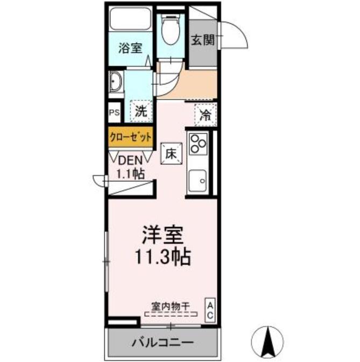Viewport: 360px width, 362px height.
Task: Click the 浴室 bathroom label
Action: click(x=130, y=48)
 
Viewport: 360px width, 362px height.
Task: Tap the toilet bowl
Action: click(x=171, y=31)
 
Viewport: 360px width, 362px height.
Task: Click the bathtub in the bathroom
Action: click(x=130, y=19)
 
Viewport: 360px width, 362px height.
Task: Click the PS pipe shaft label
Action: click(x=115, y=113)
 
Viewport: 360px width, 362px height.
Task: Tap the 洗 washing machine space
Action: click(x=141, y=112)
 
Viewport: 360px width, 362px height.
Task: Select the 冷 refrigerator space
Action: click(x=205, y=115)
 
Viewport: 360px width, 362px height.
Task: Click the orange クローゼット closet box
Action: click(x=131, y=137)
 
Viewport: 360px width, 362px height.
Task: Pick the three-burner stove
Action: click(x=198, y=144)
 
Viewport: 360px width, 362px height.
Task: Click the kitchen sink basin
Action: click(x=197, y=180)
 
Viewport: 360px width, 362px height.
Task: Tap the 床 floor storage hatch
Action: click(x=171, y=154)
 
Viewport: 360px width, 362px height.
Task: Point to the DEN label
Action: click(x=130, y=161)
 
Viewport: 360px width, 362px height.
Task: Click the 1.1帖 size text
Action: click(x=131, y=174)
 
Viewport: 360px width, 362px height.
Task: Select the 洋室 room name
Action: click(x=163, y=235)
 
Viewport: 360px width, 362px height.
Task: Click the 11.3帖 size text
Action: click(x=163, y=257)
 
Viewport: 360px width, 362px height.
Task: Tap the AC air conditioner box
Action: click(x=210, y=310)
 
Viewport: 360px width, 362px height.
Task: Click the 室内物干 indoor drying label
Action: click(x=171, y=307)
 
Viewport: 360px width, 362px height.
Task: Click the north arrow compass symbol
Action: click(x=267, y=342)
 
